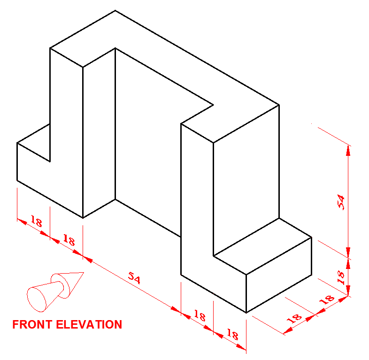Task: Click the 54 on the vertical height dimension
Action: pyautogui.click(x=342, y=202)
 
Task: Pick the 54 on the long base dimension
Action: pyautogui.click(x=134, y=278)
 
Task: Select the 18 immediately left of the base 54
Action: pyautogui.click(x=69, y=241)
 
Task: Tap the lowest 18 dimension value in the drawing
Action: pyautogui.click(x=232, y=335)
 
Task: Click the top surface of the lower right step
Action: pyautogui.click(x=263, y=246)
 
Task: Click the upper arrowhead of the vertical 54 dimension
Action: pyautogui.click(x=348, y=149)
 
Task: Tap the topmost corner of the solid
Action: pyautogui.click(x=115, y=10)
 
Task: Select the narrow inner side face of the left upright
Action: pyautogui.click(x=99, y=131)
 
